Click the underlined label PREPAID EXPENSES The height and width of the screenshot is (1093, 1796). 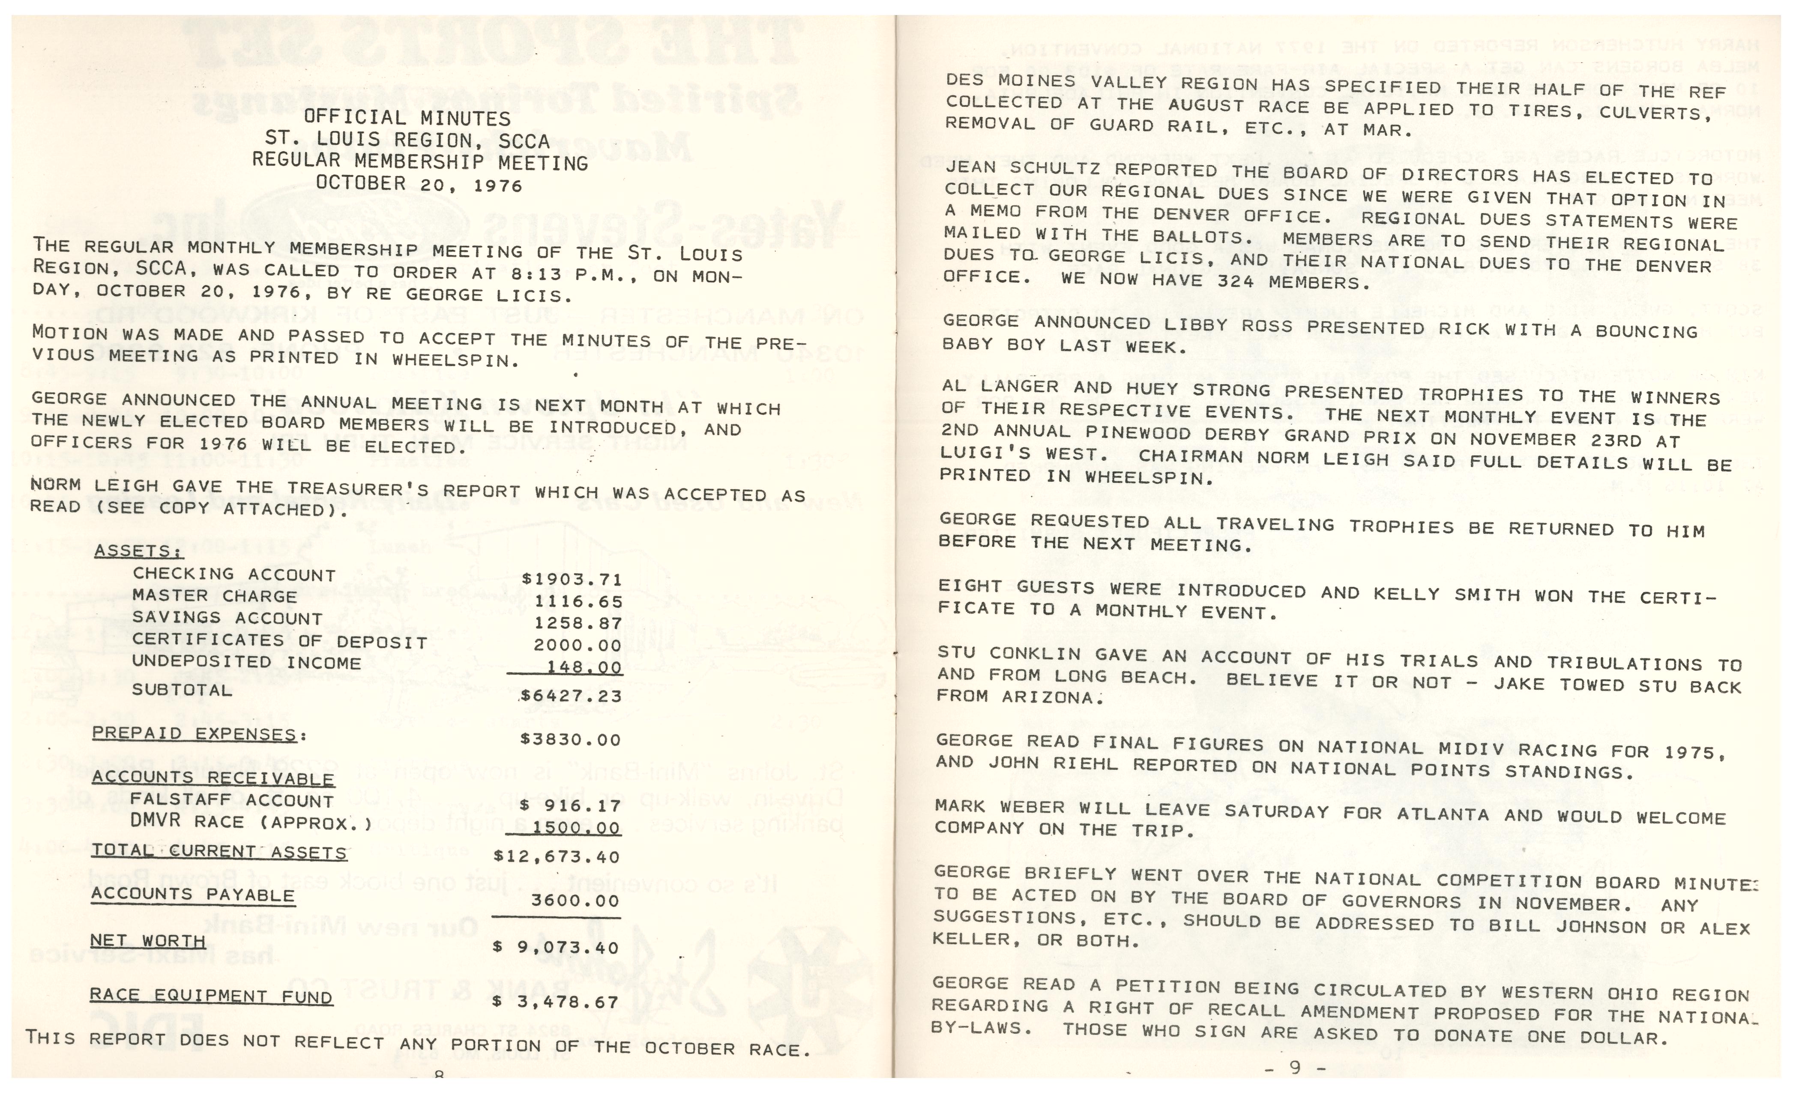pos(195,734)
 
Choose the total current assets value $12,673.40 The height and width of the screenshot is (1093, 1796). pos(557,857)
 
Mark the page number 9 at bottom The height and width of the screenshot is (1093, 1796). pos(1295,1067)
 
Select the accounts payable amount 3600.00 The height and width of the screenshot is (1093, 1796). pos(575,901)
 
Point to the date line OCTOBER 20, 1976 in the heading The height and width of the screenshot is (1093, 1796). pos(419,184)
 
